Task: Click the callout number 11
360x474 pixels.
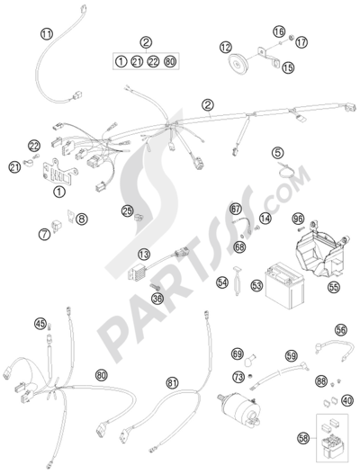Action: tap(47, 34)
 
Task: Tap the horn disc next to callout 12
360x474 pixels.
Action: tap(238, 63)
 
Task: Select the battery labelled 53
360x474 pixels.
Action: tap(284, 285)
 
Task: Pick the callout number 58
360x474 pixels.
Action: tap(303, 438)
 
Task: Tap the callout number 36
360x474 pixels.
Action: tap(157, 299)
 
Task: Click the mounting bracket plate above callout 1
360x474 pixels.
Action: tap(58, 174)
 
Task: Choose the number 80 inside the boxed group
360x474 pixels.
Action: tap(170, 62)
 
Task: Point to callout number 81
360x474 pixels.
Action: tap(173, 383)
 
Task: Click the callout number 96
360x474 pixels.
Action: tap(299, 219)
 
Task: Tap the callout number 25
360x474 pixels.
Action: tap(128, 210)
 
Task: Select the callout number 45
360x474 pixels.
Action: tap(40, 324)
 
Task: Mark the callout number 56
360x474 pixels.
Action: tap(341, 330)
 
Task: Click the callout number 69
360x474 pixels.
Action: tap(238, 354)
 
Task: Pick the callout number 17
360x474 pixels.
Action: tap(301, 42)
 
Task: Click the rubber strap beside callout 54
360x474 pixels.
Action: tap(238, 282)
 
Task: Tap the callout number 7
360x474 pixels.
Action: tap(45, 234)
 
